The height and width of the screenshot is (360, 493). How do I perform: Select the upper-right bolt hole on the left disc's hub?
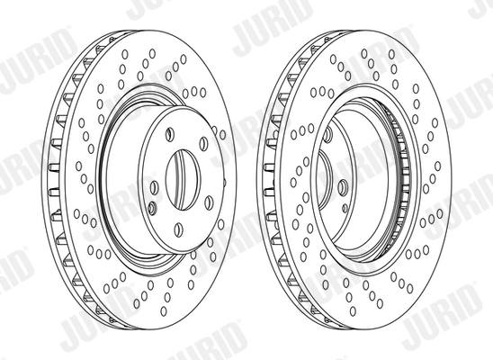203,144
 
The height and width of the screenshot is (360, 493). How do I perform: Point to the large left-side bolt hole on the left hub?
154,186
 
